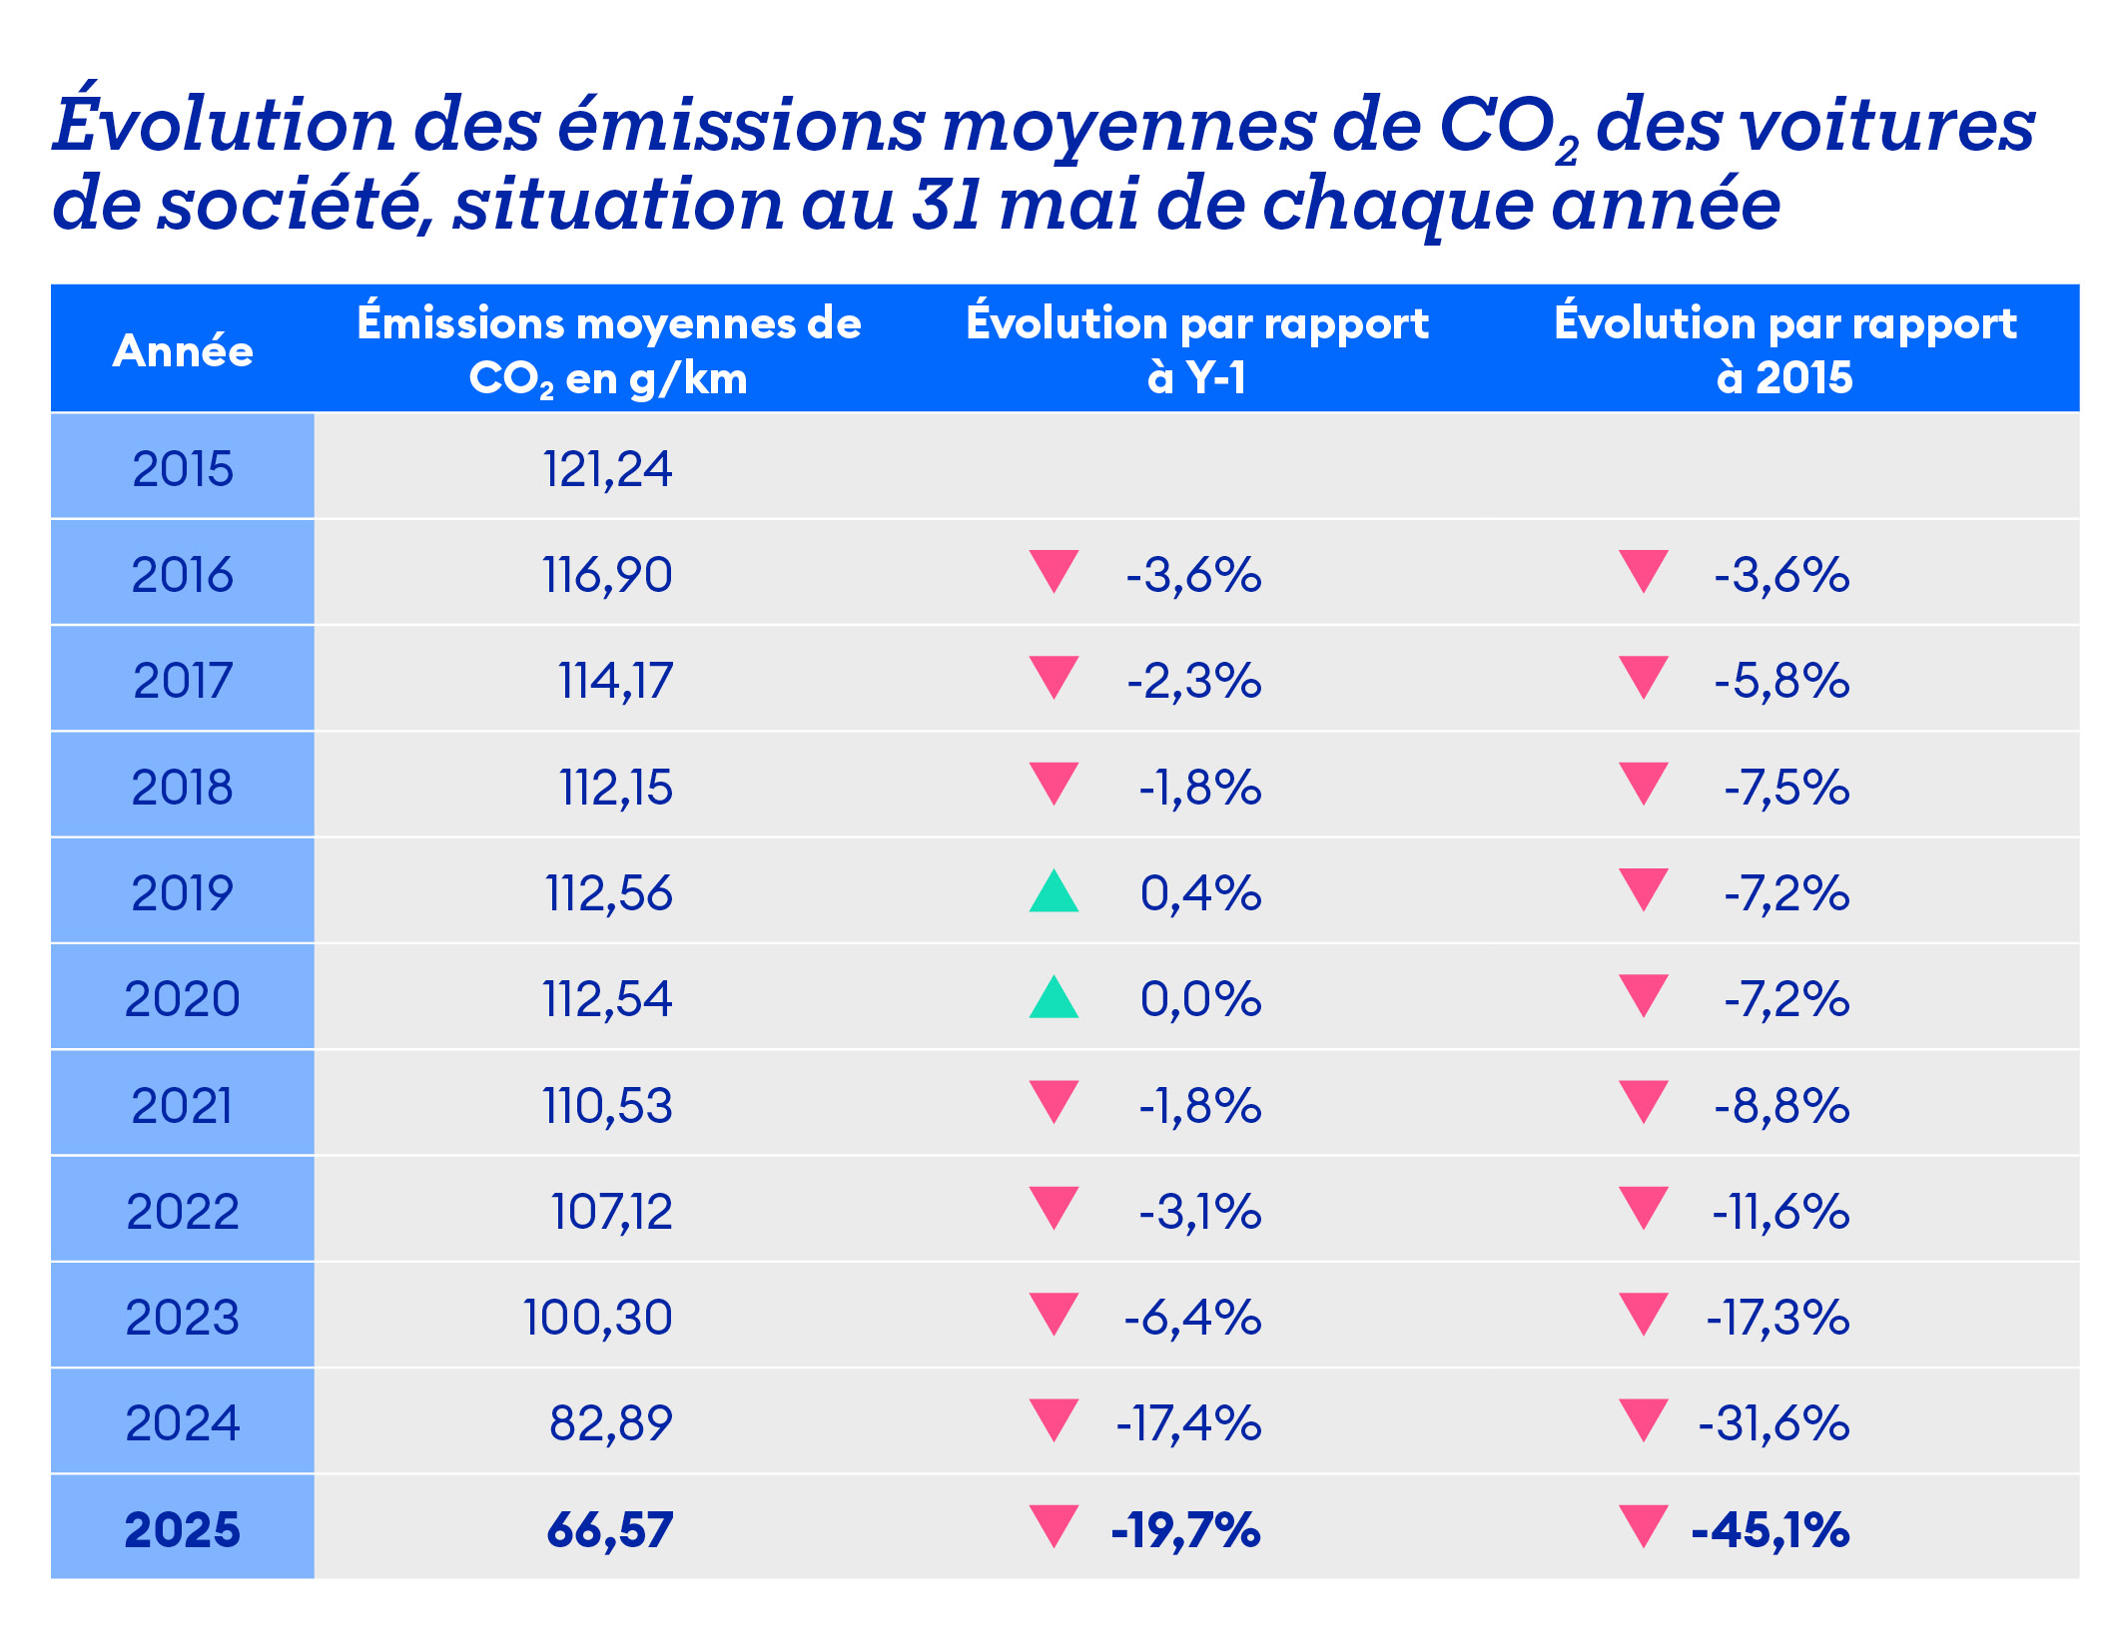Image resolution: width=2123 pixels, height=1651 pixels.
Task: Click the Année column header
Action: point(183,350)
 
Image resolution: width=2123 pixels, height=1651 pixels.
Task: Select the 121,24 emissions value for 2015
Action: point(607,469)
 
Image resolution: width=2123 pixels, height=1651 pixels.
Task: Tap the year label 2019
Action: point(183,892)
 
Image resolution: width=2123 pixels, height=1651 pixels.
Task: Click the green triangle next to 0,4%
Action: point(1054,892)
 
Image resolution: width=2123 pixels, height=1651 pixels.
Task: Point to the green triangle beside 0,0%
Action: point(1054,998)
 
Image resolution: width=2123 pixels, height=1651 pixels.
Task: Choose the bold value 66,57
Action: point(609,1529)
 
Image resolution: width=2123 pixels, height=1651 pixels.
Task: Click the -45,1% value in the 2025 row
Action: point(1769,1529)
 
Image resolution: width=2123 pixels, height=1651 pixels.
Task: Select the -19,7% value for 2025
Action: point(1185,1529)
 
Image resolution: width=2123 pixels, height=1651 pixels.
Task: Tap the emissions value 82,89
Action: point(610,1422)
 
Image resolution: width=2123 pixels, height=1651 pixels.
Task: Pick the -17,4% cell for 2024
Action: point(1188,1422)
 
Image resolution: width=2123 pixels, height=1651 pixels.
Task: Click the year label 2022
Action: point(183,1211)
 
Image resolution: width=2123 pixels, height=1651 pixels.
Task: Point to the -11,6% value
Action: point(1779,1211)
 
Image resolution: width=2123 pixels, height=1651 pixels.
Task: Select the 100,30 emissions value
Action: point(597,1317)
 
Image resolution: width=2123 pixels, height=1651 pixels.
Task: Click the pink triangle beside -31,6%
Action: point(1643,1419)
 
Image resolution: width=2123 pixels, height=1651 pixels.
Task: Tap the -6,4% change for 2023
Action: point(1192,1317)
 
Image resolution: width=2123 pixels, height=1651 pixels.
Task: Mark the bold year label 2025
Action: point(183,1529)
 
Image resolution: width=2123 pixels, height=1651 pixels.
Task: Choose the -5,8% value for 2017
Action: point(1781,681)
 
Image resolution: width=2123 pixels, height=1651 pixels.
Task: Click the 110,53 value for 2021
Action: point(607,1105)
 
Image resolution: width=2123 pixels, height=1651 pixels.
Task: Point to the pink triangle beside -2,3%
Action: point(1054,677)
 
